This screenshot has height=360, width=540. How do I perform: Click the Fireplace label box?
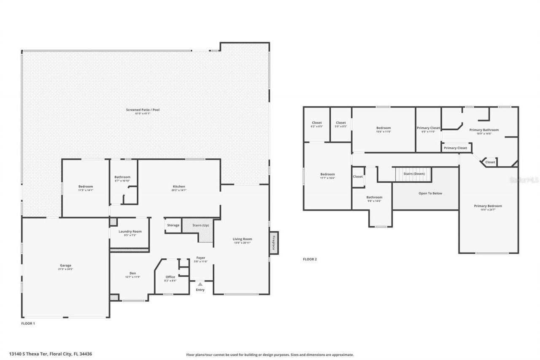[x=274, y=243]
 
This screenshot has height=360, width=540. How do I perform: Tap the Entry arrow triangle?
[x=200, y=284]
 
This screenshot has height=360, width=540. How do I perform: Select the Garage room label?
[x=65, y=265]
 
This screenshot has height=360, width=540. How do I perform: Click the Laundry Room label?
[x=130, y=231]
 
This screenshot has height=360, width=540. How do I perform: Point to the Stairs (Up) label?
[x=200, y=225]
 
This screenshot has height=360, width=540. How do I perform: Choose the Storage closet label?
[x=173, y=225]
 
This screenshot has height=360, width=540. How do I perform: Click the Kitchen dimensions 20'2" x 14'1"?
[x=179, y=190]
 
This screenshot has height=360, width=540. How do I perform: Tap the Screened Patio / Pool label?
[x=143, y=110]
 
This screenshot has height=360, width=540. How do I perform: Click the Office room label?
[x=170, y=277]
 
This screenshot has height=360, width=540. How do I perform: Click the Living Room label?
[x=242, y=239]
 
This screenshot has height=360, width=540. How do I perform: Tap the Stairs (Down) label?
[x=414, y=173]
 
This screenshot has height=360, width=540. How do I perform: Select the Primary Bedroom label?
[x=488, y=206]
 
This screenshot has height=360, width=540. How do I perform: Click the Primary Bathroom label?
[x=484, y=130]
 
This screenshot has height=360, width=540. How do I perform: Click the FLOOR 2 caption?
[x=310, y=259]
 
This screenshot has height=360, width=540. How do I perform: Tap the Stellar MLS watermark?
[x=524, y=180]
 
